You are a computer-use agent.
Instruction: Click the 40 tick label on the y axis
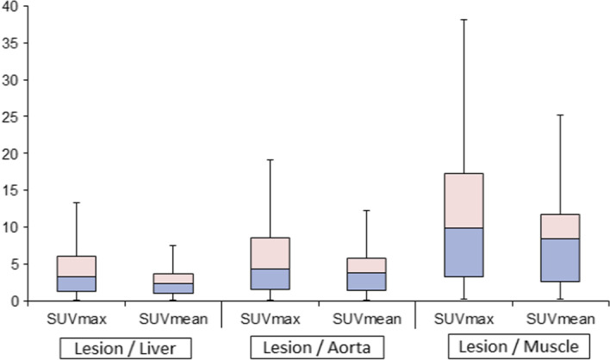click(x=10, y=6)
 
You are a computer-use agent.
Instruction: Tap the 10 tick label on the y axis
click(x=10, y=227)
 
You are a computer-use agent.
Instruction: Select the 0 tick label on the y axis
click(x=14, y=301)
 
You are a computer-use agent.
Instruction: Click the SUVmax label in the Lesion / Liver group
click(x=77, y=318)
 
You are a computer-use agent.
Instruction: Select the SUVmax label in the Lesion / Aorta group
click(x=271, y=318)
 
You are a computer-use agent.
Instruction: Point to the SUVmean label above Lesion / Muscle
click(x=561, y=318)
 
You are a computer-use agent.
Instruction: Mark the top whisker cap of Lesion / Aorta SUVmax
click(x=271, y=159)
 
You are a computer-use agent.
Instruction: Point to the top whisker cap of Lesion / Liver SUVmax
click(x=77, y=202)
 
